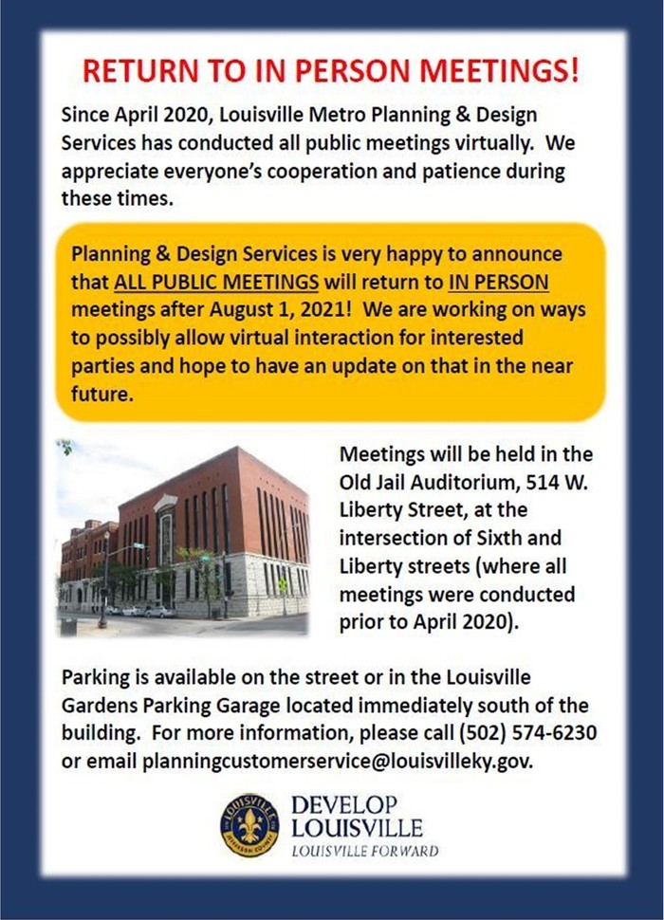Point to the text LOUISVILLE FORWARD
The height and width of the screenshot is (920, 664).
click(x=364, y=851)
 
